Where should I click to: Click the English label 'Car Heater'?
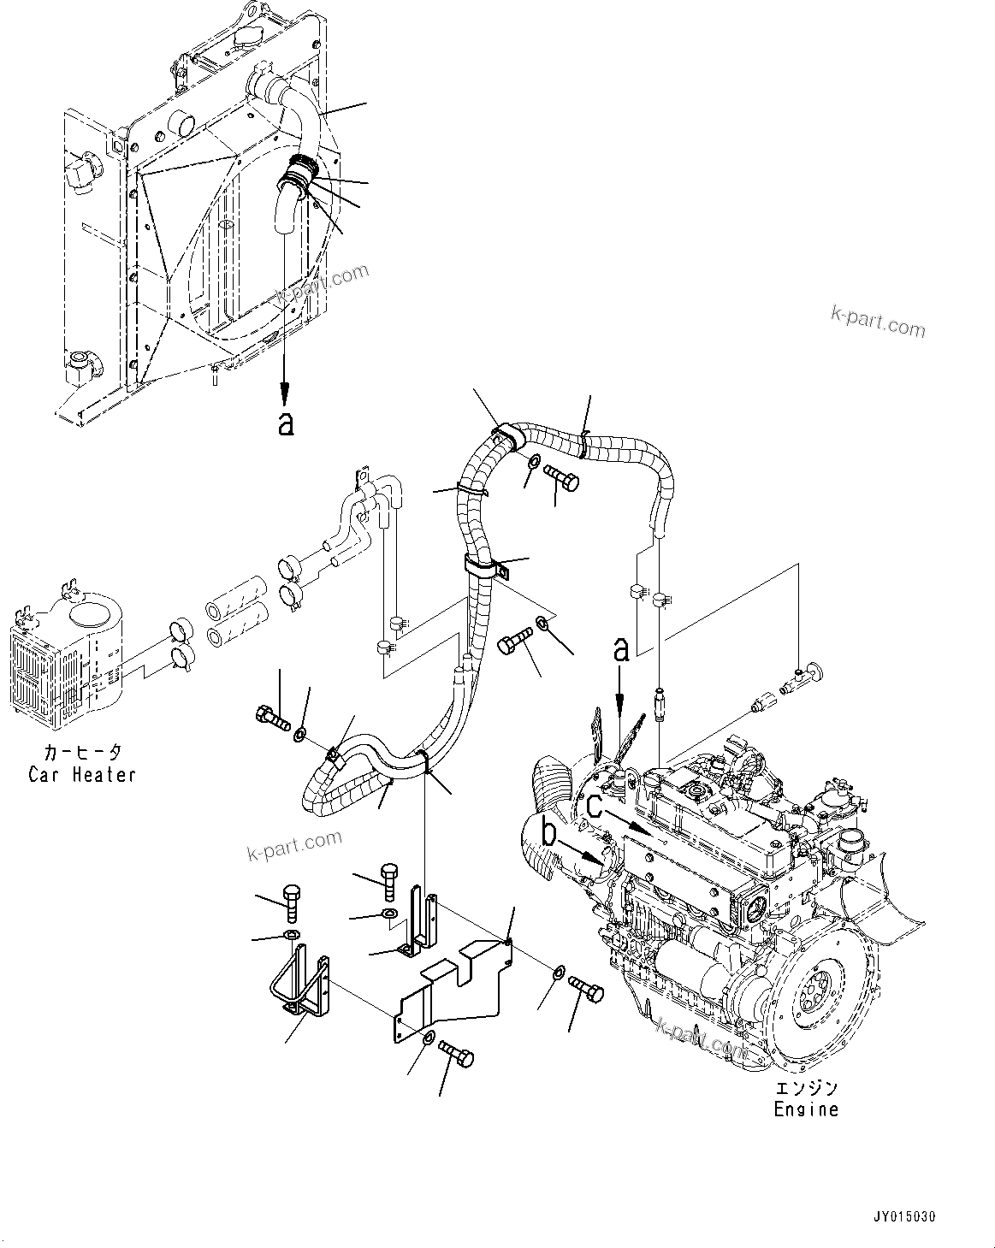82,775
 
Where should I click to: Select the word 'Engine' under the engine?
806,1109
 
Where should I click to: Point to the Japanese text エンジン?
806,1088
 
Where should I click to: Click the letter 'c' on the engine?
594,805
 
